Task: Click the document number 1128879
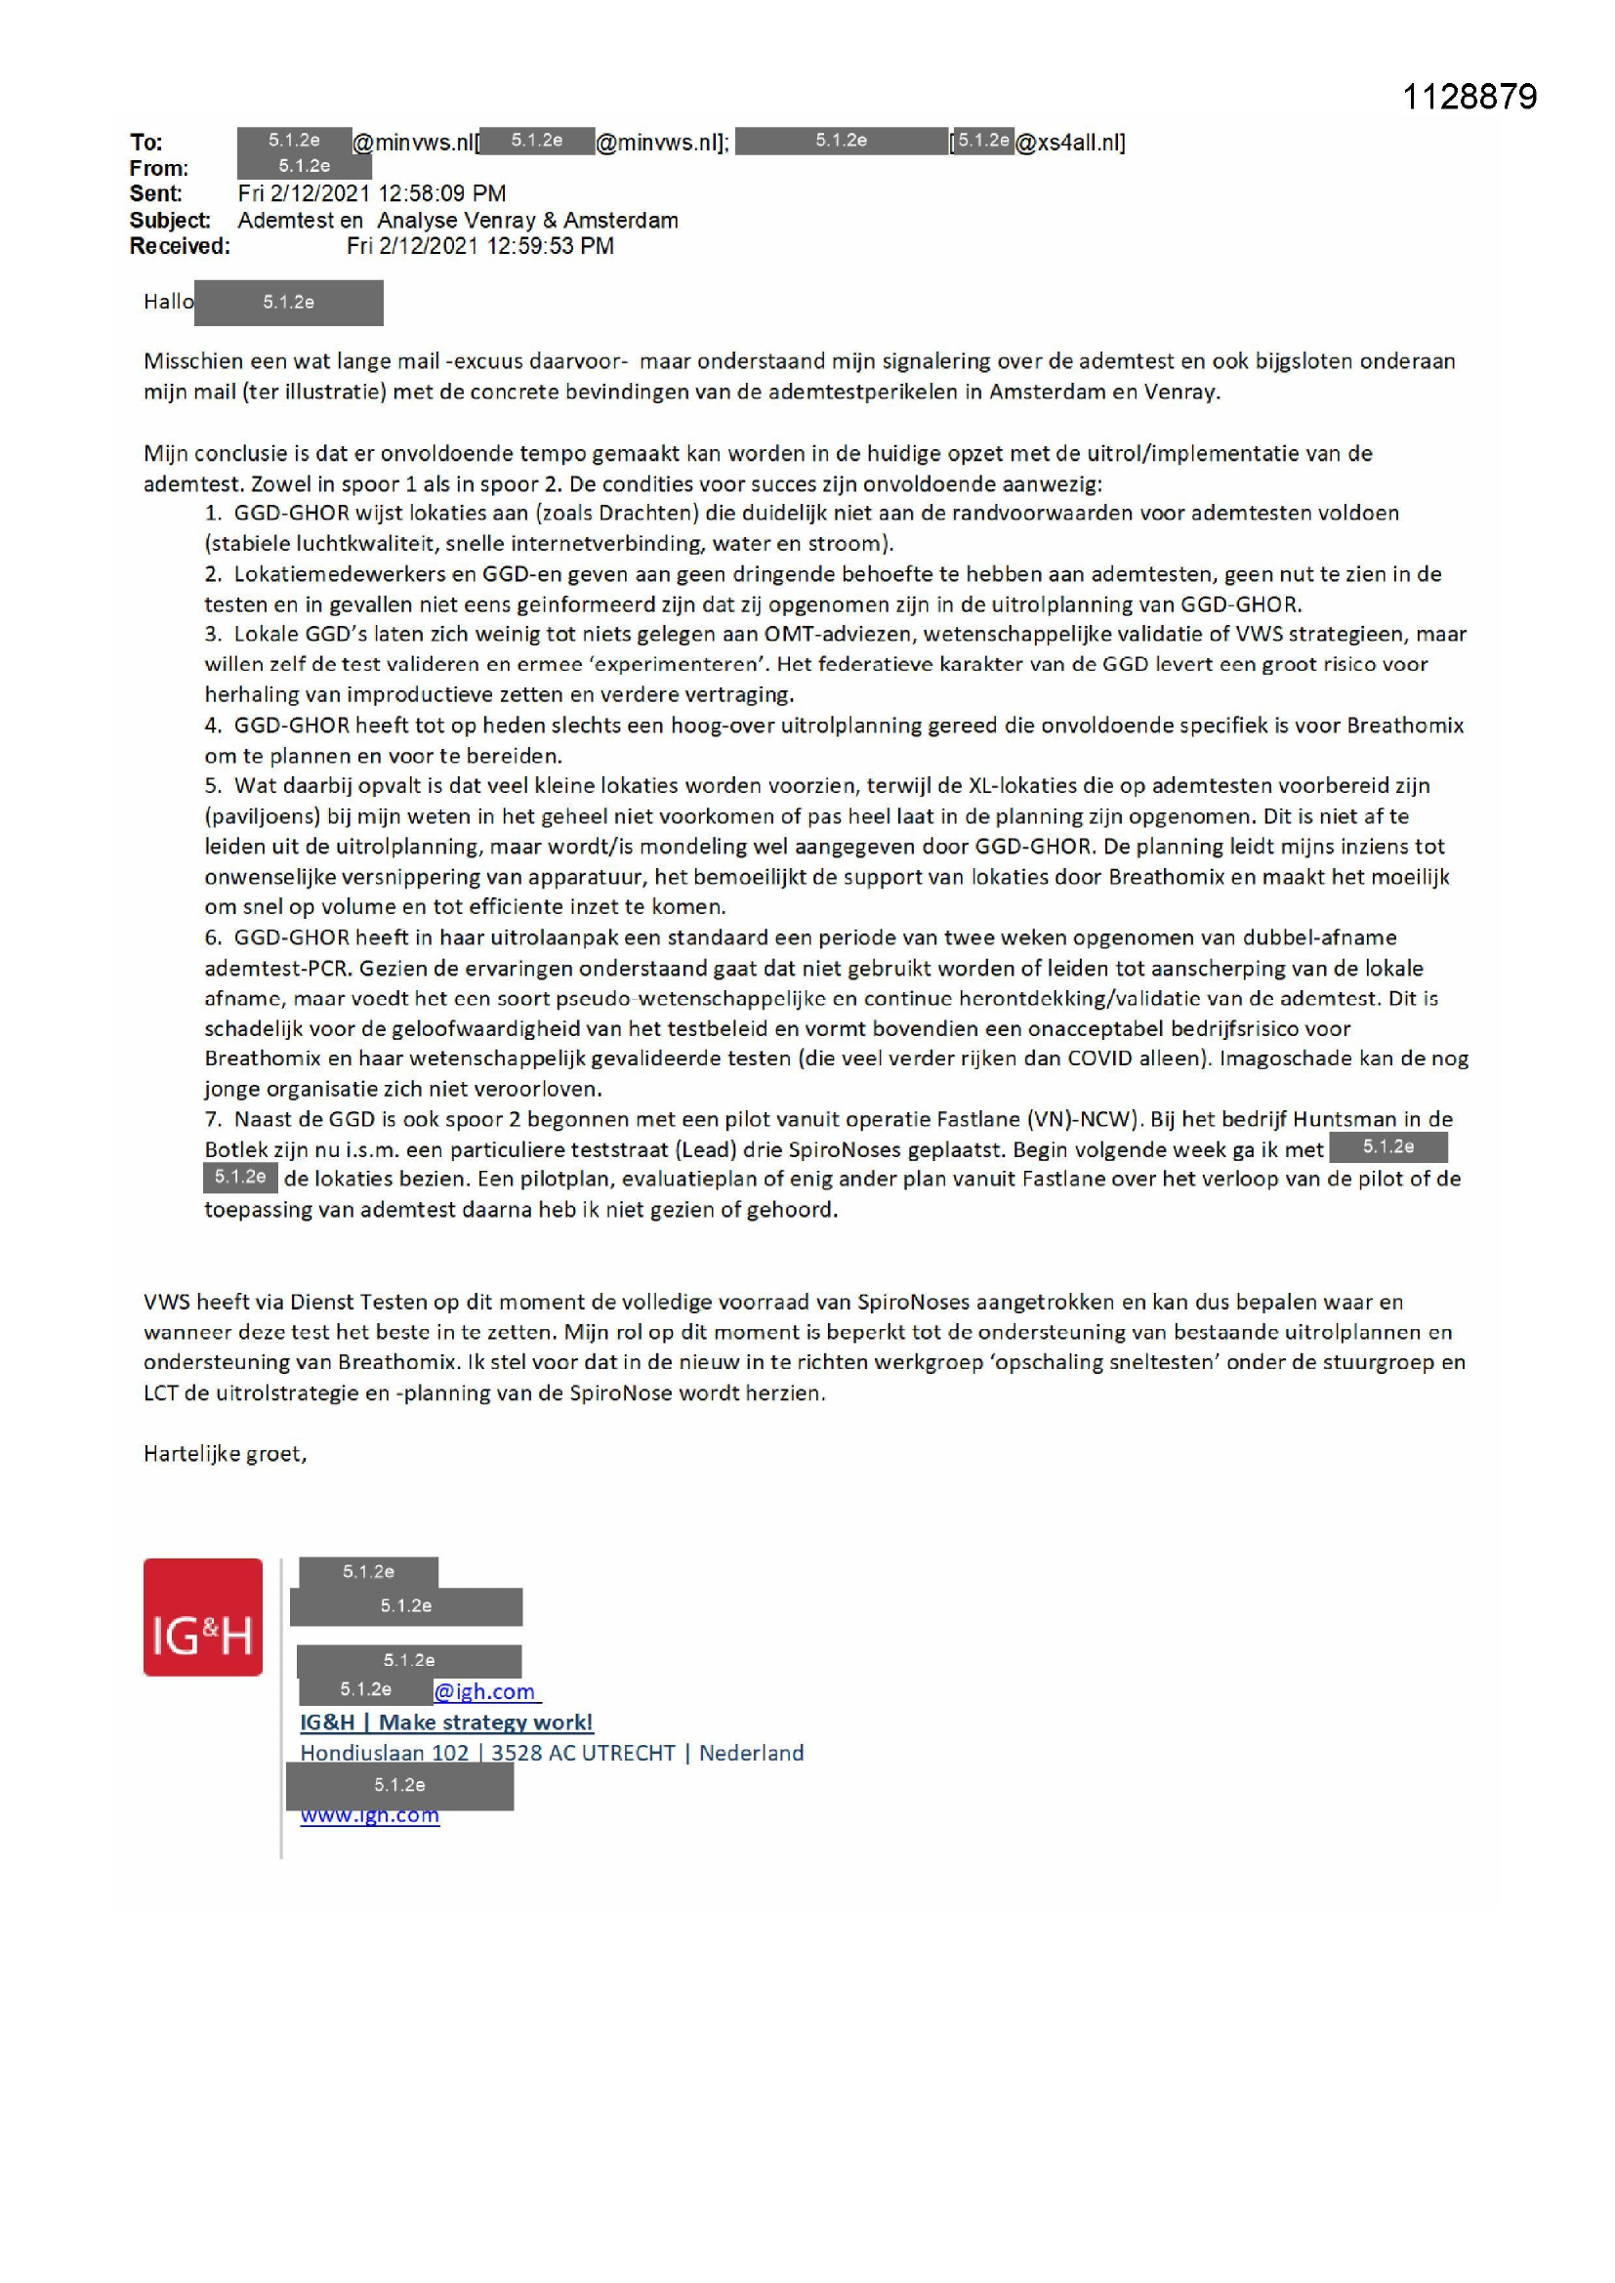pyautogui.click(x=1469, y=98)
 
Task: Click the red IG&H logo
pyautogui.click(x=203, y=1617)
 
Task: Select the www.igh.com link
pyautogui.click(x=370, y=1815)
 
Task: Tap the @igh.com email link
pyautogui.click(x=486, y=1691)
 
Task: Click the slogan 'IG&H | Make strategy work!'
pyautogui.click(x=446, y=1723)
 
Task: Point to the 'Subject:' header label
pyautogui.click(x=169, y=220)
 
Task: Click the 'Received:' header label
pyautogui.click(x=179, y=246)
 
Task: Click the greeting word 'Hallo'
pyautogui.click(x=168, y=302)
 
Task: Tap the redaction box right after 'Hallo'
pyautogui.click(x=288, y=303)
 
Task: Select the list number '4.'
pyautogui.click(x=213, y=725)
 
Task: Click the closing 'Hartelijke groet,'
pyautogui.click(x=225, y=1454)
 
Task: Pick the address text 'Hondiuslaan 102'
pyautogui.click(x=384, y=1753)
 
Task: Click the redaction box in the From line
pyautogui.click(x=305, y=166)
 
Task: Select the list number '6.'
pyautogui.click(x=213, y=936)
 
